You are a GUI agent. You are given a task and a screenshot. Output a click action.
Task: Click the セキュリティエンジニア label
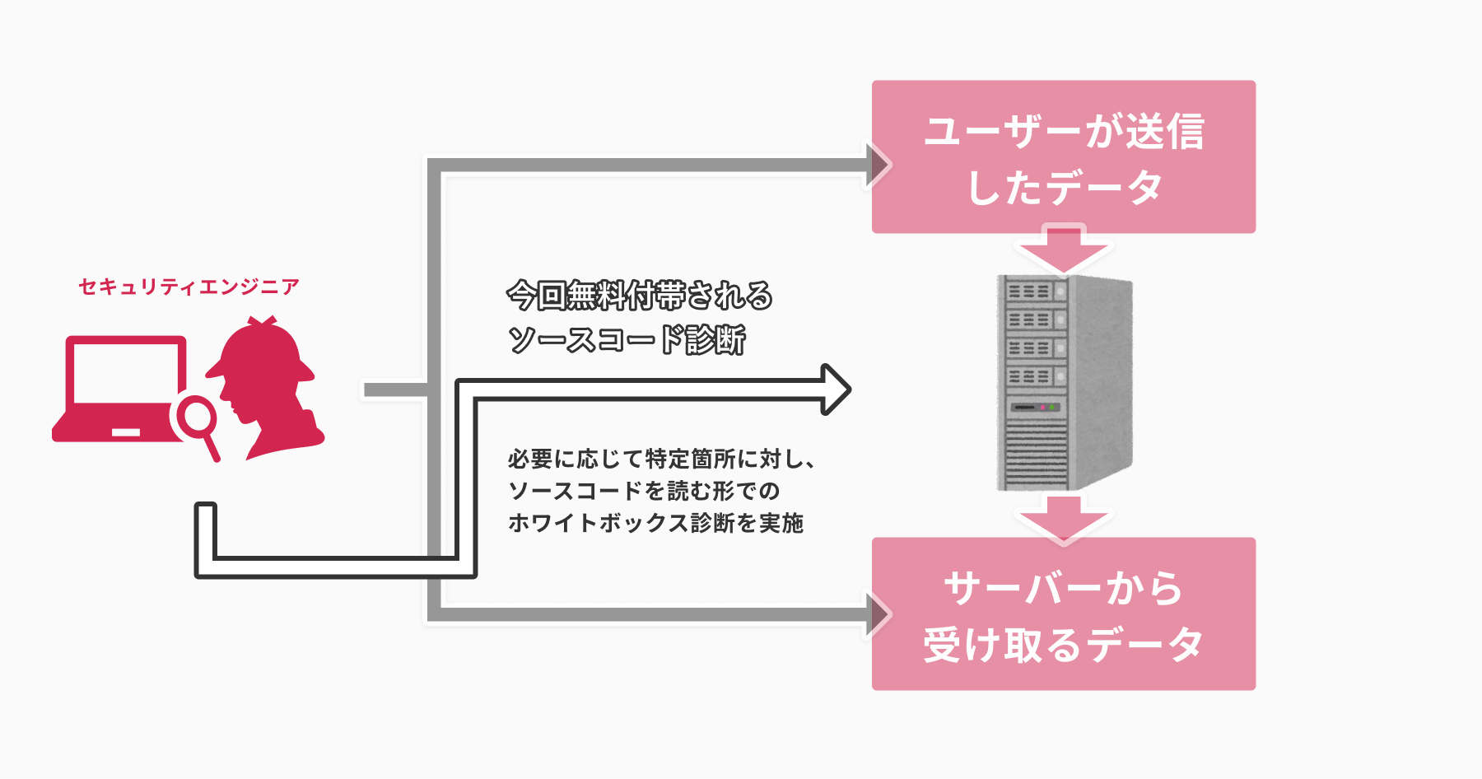coord(189,287)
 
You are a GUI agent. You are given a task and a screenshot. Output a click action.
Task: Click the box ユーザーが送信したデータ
coord(1063,156)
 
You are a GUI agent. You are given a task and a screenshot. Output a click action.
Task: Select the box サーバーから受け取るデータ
coord(1063,613)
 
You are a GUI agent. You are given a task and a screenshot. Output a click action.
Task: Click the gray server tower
coord(1064,383)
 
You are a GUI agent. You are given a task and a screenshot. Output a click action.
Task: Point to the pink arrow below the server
coord(1063,518)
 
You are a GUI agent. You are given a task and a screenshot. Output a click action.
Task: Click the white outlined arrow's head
coord(835,389)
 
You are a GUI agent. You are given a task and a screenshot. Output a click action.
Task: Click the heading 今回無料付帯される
coord(640,296)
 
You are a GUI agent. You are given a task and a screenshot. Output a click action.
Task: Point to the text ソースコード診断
coord(627,339)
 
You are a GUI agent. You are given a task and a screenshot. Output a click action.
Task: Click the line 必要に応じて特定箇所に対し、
coord(661,459)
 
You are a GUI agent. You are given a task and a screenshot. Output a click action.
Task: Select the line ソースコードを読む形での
coord(644,491)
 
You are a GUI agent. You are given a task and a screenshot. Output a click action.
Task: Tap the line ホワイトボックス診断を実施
coord(655,523)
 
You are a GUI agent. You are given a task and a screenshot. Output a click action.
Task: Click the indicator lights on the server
coord(1046,407)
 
